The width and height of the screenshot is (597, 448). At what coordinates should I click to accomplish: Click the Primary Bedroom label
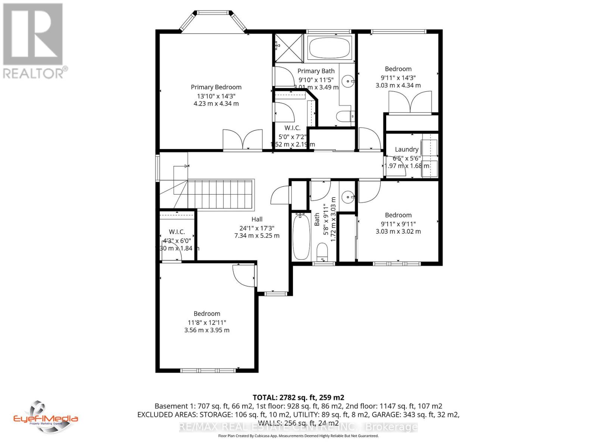(216, 87)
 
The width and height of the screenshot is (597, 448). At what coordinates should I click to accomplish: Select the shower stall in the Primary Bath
(288, 48)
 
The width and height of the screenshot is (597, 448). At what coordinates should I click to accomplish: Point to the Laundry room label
(406, 149)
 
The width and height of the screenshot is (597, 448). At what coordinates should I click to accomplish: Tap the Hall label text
(257, 219)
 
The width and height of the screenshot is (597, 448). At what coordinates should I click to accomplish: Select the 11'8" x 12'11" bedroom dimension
(207, 322)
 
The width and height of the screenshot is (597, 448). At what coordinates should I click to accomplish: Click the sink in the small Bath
(348, 196)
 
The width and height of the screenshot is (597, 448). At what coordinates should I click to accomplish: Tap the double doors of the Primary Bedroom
(243, 140)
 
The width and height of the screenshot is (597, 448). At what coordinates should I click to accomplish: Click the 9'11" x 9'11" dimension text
(398, 224)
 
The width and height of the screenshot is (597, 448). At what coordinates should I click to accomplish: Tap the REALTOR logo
(35, 41)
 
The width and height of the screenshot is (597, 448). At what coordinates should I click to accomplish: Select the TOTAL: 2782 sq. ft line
(298, 397)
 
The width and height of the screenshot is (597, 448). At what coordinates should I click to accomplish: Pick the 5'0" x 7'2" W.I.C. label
(293, 136)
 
